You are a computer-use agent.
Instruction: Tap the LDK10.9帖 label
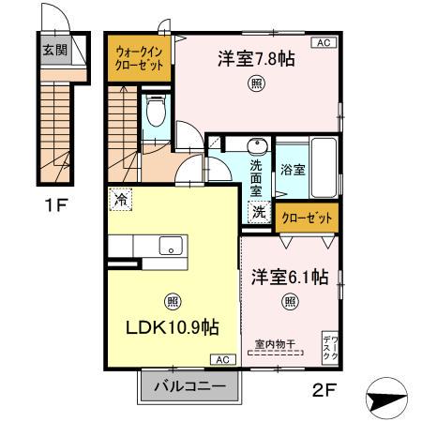(173, 328)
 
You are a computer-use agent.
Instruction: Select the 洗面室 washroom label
(258, 173)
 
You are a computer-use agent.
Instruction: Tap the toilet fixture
(157, 114)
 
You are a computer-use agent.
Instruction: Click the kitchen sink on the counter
(171, 246)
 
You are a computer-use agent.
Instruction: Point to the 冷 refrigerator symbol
(119, 198)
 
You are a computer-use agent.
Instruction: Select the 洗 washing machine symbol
(258, 212)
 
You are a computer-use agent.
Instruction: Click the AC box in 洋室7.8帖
(321, 43)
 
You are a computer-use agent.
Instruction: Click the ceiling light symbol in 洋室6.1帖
(291, 301)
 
